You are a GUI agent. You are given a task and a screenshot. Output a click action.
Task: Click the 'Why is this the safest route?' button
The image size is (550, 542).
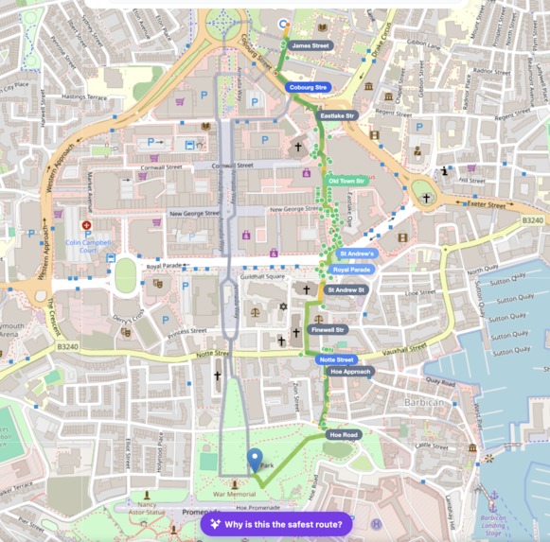coord(276,524)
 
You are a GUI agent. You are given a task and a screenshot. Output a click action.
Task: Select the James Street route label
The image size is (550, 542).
coord(310,45)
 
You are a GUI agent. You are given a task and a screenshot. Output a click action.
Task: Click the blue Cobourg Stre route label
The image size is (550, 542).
coord(309,87)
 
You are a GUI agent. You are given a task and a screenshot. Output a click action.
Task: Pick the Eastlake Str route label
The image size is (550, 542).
coord(337,115)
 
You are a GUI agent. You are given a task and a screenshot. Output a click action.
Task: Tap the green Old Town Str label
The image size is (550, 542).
coord(346,180)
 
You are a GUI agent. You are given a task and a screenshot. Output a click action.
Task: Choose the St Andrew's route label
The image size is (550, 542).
coord(357,254)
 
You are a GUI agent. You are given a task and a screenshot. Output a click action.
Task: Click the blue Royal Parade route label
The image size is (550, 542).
coord(351,270)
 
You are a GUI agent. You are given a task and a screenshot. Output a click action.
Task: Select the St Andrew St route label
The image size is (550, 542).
coord(346,289)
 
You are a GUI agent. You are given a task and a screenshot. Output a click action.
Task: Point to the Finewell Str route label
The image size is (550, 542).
coord(328,330)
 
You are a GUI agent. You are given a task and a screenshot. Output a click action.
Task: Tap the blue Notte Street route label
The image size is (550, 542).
coord(336,359)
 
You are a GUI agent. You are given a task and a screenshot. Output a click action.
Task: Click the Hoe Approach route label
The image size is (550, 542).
coord(350,372)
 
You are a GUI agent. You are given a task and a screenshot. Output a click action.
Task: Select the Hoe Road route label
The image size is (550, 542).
coord(343,434)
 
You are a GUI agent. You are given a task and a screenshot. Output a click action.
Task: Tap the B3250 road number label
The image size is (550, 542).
coord(533,220)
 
